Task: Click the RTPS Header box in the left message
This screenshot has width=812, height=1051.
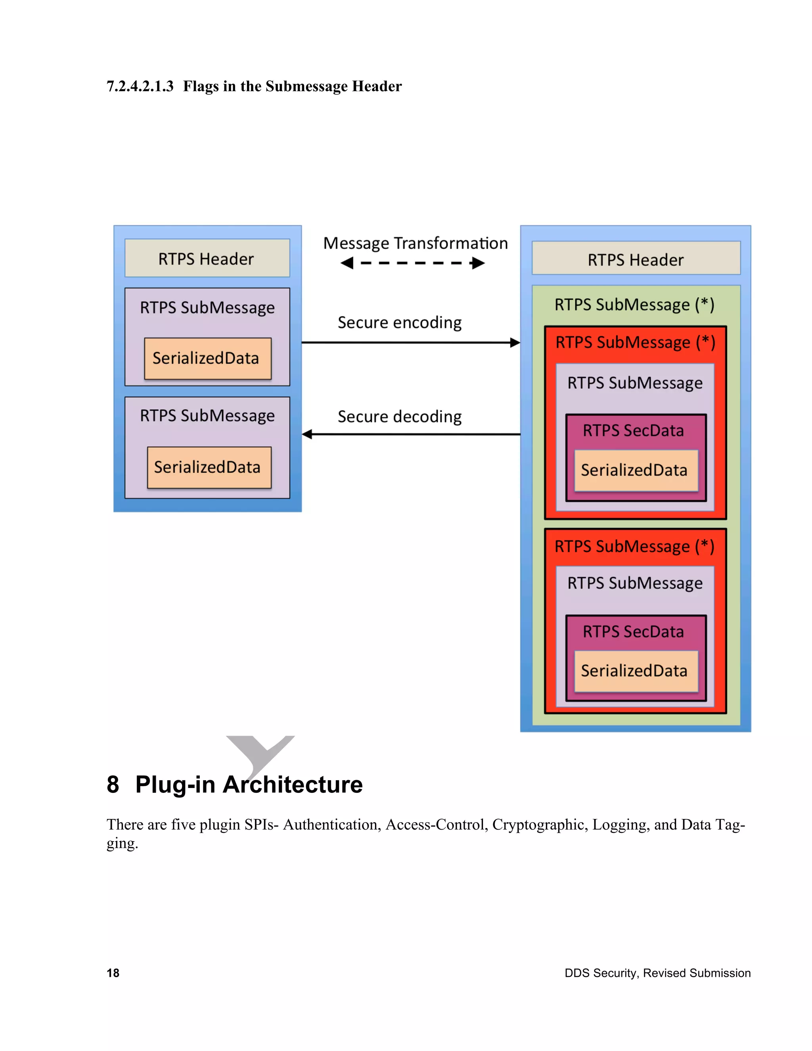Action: pyautogui.click(x=207, y=259)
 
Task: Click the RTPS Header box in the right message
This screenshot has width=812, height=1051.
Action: pyautogui.click(x=636, y=259)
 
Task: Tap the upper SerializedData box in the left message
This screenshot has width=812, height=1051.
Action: pyautogui.click(x=207, y=359)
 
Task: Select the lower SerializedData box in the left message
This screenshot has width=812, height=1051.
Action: pyautogui.click(x=209, y=467)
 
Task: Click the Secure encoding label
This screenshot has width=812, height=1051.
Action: pyautogui.click(x=399, y=322)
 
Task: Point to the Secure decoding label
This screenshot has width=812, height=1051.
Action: pyautogui.click(x=399, y=417)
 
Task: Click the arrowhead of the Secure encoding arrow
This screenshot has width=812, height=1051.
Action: pyautogui.click(x=515, y=343)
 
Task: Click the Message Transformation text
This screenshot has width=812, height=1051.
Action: pyautogui.click(x=415, y=244)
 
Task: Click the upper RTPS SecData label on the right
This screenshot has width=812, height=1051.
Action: pyautogui.click(x=633, y=431)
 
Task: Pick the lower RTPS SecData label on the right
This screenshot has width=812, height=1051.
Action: pyautogui.click(x=633, y=632)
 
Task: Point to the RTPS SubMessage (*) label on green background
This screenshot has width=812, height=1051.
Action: pyautogui.click(x=634, y=305)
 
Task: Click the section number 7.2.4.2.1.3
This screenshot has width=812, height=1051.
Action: pyautogui.click(x=140, y=86)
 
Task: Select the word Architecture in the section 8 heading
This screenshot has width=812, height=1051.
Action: pyautogui.click(x=293, y=785)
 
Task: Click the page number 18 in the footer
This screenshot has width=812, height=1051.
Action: pyautogui.click(x=113, y=973)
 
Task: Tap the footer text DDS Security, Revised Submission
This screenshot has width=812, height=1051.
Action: pyautogui.click(x=657, y=973)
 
